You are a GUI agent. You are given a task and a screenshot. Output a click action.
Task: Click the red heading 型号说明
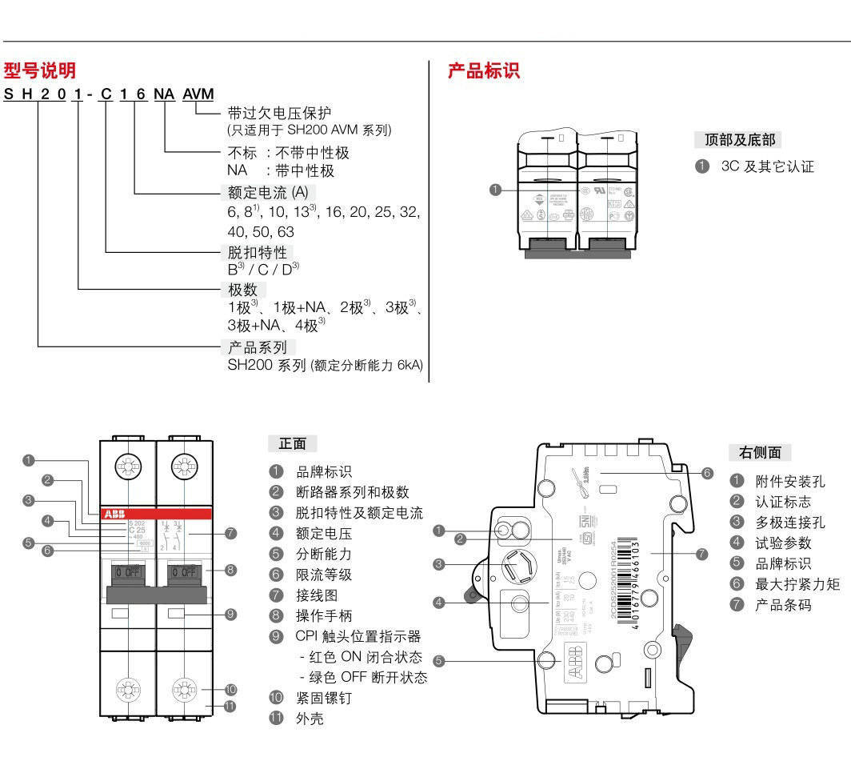39,70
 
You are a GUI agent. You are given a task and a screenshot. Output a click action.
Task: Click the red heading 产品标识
483,70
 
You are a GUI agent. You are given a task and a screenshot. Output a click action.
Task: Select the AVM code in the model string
198,94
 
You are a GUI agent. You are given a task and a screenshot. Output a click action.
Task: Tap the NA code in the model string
163,94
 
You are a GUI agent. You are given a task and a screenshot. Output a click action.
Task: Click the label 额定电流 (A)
268,192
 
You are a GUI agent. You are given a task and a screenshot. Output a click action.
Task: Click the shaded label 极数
243,290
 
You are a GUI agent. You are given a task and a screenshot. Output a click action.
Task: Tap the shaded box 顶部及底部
739,140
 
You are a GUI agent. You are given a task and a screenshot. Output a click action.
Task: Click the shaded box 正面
291,443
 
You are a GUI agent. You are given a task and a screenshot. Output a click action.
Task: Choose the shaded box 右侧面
760,452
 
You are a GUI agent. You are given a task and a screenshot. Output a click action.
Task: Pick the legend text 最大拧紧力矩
797,584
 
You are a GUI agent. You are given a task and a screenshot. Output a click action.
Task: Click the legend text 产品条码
783,605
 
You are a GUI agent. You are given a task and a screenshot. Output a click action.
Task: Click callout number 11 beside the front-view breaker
231,706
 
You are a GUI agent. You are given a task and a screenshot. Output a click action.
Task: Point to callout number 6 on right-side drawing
707,473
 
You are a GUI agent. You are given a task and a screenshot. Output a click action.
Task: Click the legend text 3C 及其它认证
767,166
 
